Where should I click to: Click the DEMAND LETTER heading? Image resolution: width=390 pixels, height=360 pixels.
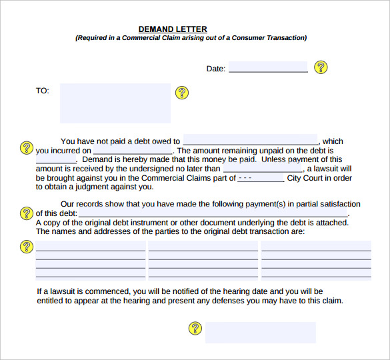(x=173, y=29)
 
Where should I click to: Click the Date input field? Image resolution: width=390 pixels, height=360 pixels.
(x=268, y=67)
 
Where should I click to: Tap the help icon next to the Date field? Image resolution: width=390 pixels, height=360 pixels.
(x=321, y=67)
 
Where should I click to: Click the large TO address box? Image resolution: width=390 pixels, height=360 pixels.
(x=115, y=103)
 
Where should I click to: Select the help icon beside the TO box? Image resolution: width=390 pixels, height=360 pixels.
(x=181, y=93)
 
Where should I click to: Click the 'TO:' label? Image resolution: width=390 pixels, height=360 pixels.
(x=43, y=91)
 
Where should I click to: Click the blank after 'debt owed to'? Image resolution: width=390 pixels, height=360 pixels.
(x=251, y=141)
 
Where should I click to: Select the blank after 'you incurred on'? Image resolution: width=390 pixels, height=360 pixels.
(x=133, y=151)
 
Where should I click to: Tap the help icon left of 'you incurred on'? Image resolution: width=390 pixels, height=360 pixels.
(x=27, y=147)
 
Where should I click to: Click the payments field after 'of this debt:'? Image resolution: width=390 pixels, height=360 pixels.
(x=213, y=213)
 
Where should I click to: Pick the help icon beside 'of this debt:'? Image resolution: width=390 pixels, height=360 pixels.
(x=27, y=213)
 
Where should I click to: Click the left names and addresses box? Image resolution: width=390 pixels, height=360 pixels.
(x=91, y=260)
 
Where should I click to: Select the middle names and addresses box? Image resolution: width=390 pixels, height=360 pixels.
(x=203, y=260)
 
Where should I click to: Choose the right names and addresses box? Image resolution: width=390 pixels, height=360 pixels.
(x=316, y=260)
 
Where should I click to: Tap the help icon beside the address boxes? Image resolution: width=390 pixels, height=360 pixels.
(x=27, y=247)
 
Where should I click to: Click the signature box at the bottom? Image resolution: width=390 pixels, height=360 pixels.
(x=260, y=332)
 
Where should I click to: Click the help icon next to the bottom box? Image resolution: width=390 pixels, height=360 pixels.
(x=195, y=328)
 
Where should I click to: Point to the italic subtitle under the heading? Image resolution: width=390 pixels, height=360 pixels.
(x=191, y=39)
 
